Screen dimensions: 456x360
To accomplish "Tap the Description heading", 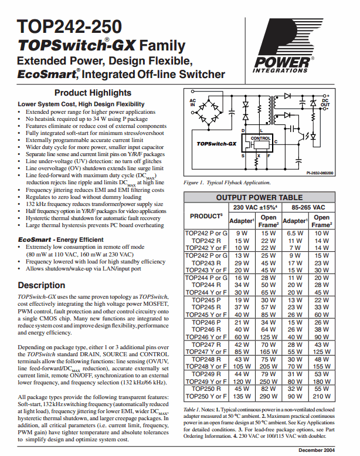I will [42, 285].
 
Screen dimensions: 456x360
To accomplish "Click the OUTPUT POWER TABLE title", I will [259, 198].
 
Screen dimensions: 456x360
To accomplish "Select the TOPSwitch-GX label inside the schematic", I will [216, 143].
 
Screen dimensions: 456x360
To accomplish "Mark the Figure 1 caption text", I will [227, 183].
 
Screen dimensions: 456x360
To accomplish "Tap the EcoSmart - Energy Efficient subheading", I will [61, 240].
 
